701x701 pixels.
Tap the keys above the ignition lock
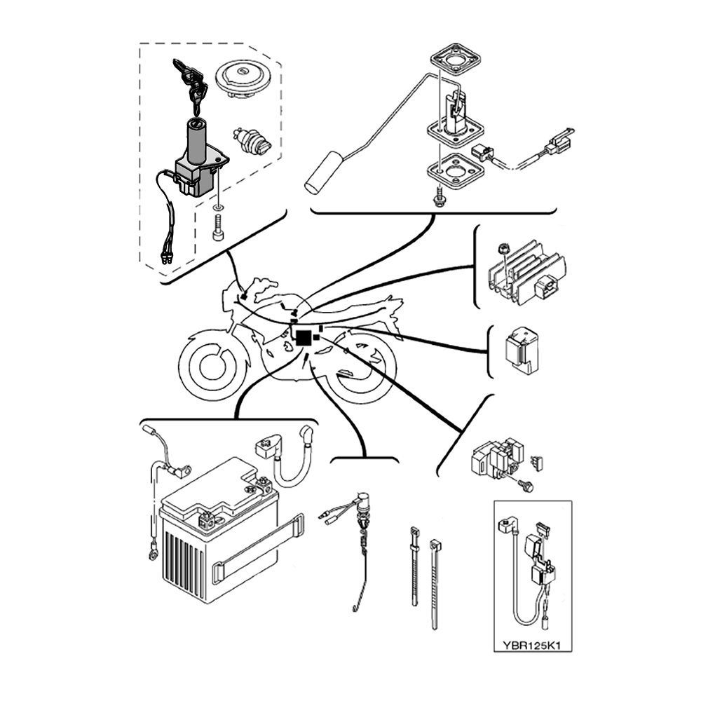pyautogui.click(x=191, y=81)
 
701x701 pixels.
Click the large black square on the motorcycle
pyautogui.click(x=304, y=338)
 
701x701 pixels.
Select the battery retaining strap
pyautogui.click(x=259, y=547)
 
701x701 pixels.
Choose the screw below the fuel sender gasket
pyautogui.click(x=440, y=197)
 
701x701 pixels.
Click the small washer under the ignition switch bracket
pyautogui.click(x=218, y=208)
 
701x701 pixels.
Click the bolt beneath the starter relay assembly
pyautogui.click(x=527, y=485)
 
